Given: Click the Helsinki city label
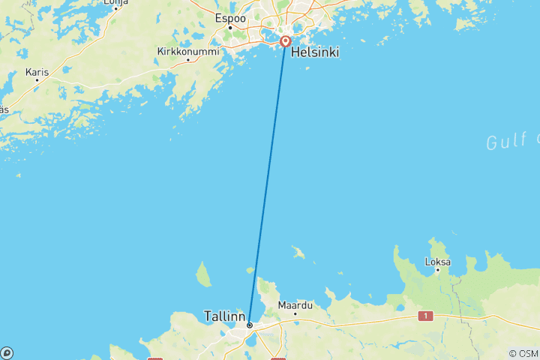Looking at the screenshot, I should click(x=314, y=52).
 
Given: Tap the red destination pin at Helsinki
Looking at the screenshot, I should click(x=285, y=41).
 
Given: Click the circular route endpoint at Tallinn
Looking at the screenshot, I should click(x=249, y=325).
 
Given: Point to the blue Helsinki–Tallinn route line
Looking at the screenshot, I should click(x=267, y=184).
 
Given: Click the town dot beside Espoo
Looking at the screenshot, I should click(x=229, y=28).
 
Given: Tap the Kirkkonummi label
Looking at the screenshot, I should click(x=188, y=52).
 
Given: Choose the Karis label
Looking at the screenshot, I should click(x=37, y=73).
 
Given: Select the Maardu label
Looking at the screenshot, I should click(x=295, y=305).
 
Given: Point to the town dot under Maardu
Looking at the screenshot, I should click(x=295, y=313).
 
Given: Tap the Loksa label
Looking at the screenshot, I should click(x=437, y=262).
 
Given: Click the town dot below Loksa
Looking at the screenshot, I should click(x=437, y=271).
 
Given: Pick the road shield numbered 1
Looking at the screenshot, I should click(x=426, y=316).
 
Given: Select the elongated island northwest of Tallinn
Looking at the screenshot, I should click(x=203, y=274).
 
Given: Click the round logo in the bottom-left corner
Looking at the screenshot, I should click(x=7, y=352).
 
